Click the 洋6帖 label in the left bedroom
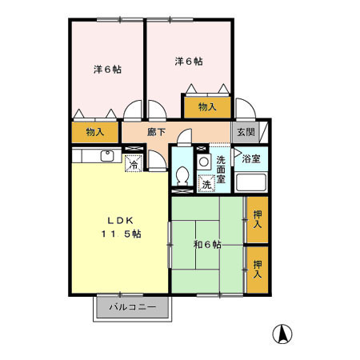point(106,69)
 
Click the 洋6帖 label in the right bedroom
point(189,61)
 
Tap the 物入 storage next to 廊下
point(94,131)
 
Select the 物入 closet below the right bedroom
point(207,106)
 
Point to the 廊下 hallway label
point(157,131)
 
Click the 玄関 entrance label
point(244,132)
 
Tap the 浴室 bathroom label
point(251,158)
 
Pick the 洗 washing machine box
point(206,184)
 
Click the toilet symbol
point(182,176)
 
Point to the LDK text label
point(114,219)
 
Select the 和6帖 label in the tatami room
point(207,244)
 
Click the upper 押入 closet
point(257,220)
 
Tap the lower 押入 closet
point(257,269)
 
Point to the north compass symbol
point(282,334)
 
